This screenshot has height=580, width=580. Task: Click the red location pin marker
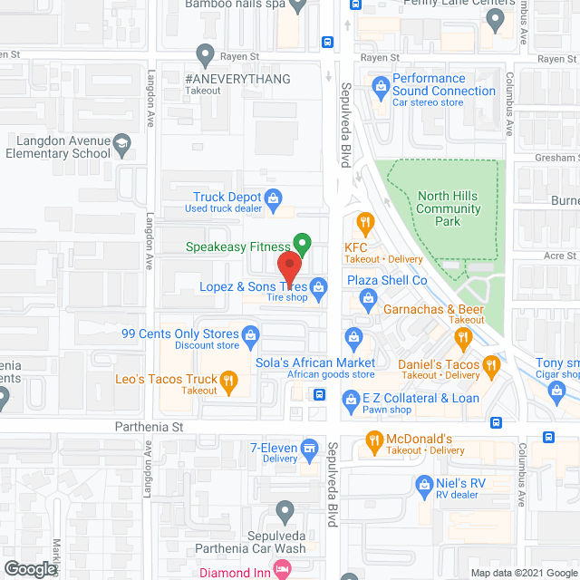tap(289, 269)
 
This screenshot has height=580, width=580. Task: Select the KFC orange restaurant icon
tap(365, 221)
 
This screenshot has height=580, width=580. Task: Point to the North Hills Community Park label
tap(449, 209)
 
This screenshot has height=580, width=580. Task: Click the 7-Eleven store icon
tap(309, 447)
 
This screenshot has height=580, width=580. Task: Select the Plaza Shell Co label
tap(387, 281)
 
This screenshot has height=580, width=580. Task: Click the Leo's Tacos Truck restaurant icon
tap(229, 381)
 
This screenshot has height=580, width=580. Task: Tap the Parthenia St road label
tap(150, 426)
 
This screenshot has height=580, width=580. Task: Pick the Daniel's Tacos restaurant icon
tap(492, 365)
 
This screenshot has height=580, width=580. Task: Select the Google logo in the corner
tap(29, 568)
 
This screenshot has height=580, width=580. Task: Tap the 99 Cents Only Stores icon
tap(251, 339)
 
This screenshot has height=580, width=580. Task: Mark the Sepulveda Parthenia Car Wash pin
tap(285, 514)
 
